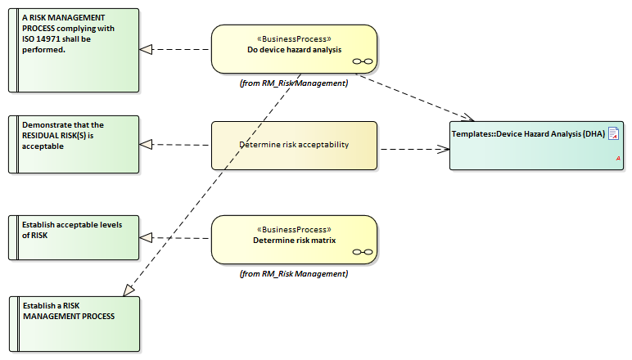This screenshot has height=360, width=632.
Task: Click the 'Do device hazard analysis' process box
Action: [295, 49]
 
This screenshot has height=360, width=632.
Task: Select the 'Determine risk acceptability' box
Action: [294, 145]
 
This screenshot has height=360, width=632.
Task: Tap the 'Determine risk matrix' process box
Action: [294, 240]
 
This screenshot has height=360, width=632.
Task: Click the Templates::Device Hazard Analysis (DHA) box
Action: [535, 145]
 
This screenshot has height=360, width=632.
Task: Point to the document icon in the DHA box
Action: [613, 133]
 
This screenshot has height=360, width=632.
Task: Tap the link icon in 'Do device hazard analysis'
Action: [362, 61]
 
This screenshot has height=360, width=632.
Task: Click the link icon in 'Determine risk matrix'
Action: [362, 251]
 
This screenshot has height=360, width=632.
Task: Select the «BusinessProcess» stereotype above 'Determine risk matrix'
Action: [294, 229]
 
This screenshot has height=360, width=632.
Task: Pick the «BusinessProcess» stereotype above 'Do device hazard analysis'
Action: [294, 38]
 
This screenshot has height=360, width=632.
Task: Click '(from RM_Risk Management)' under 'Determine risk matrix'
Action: [294, 273]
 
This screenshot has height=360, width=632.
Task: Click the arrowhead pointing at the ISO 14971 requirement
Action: [147, 49]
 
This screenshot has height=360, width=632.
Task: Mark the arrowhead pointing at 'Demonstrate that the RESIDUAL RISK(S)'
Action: [147, 145]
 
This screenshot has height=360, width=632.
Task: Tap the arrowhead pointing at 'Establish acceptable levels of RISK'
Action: [147, 237]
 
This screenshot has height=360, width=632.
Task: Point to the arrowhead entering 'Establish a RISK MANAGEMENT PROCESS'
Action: [129, 289]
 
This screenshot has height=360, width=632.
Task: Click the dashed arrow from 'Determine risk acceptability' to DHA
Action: [413, 149]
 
